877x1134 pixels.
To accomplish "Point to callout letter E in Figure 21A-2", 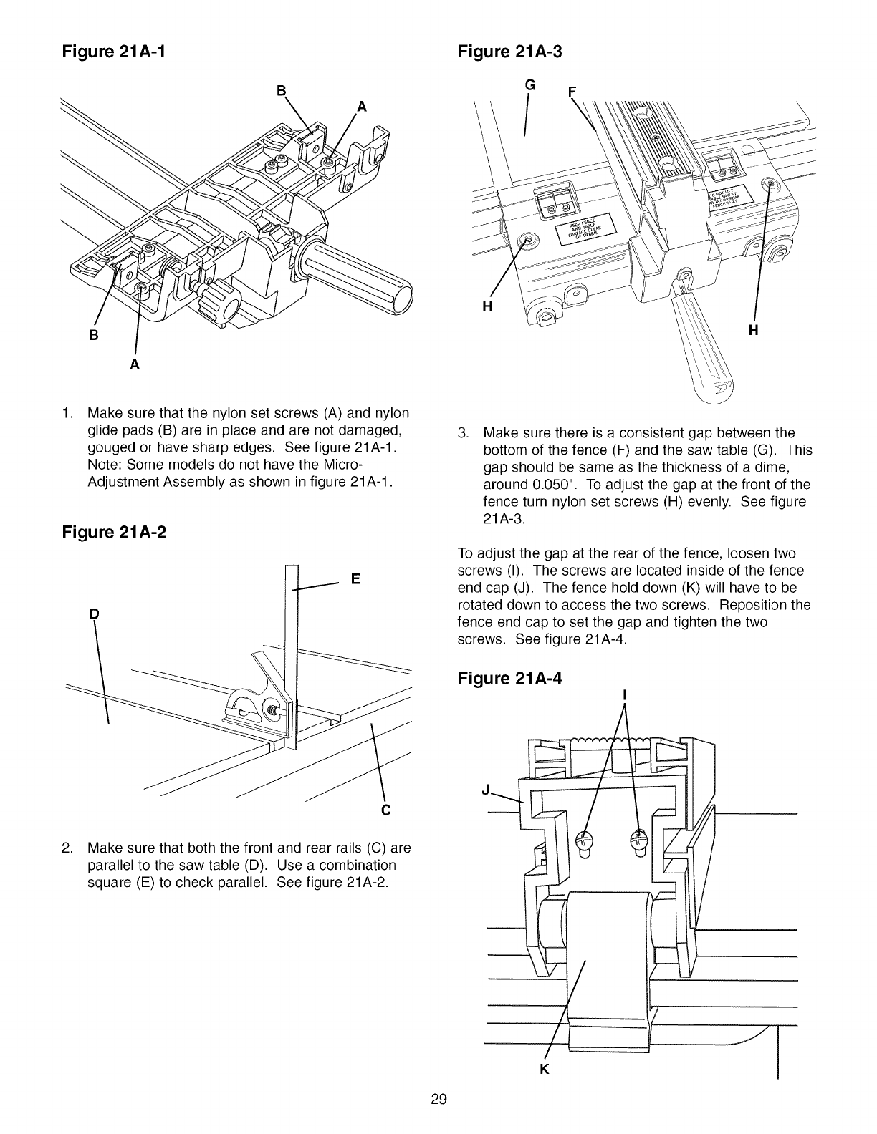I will click(x=355, y=579).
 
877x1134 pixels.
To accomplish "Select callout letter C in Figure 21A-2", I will click(x=385, y=810).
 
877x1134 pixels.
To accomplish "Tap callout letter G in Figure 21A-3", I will click(x=530, y=85).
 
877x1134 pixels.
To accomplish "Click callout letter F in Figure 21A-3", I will click(x=571, y=92).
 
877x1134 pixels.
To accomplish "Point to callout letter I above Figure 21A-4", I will click(x=626, y=694).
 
